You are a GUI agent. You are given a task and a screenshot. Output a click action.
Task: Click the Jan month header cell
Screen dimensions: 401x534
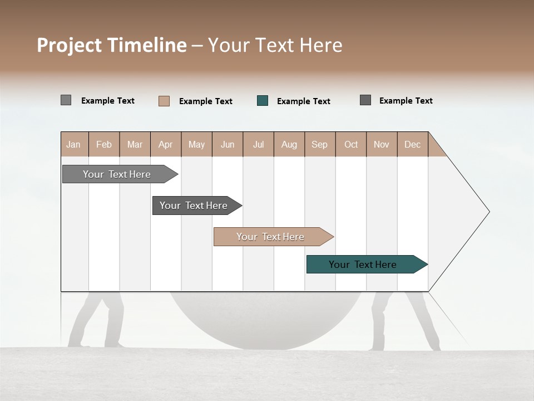pyautogui.click(x=74, y=144)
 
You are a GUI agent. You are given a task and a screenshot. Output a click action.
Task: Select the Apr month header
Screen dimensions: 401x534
pyautogui.click(x=166, y=144)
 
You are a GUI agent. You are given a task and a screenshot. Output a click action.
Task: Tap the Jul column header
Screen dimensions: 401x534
pyautogui.click(x=258, y=144)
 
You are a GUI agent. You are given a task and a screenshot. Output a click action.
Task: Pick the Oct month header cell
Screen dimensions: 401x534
pyautogui.click(x=351, y=144)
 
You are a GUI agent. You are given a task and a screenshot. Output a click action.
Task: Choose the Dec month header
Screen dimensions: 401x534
pyautogui.click(x=412, y=144)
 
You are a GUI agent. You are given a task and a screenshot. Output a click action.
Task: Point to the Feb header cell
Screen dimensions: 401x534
pyautogui.click(x=104, y=144)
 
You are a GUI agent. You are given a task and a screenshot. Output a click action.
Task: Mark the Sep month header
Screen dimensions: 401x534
pyautogui.click(x=320, y=144)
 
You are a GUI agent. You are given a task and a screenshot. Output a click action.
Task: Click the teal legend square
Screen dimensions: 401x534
pyautogui.click(x=263, y=101)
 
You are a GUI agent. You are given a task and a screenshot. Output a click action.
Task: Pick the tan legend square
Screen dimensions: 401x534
pyautogui.click(x=164, y=101)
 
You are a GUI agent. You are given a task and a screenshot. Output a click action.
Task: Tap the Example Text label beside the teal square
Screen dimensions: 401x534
pyautogui.click(x=304, y=101)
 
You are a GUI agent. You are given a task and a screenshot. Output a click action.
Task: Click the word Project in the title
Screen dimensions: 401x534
pyautogui.click(x=70, y=45)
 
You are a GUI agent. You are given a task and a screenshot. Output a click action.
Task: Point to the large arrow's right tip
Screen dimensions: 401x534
pyautogui.click(x=488, y=212)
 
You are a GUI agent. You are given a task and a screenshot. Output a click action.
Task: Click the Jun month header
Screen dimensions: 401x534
pyautogui.click(x=228, y=144)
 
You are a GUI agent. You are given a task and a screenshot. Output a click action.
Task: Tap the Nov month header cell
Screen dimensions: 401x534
pyautogui.click(x=382, y=144)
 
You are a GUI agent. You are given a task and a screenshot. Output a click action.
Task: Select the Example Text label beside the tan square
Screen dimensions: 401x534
pyautogui.click(x=206, y=101)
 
